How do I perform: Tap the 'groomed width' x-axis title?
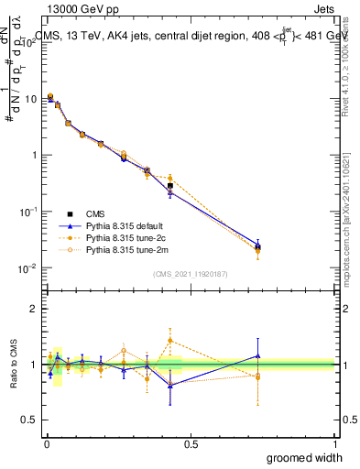point(305,457)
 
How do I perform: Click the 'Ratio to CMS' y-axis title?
point(14,365)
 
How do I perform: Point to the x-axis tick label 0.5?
point(190,443)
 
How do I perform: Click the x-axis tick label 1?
point(335,443)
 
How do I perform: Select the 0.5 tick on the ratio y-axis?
point(30,420)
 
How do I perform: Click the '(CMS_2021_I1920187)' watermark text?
point(190,274)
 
